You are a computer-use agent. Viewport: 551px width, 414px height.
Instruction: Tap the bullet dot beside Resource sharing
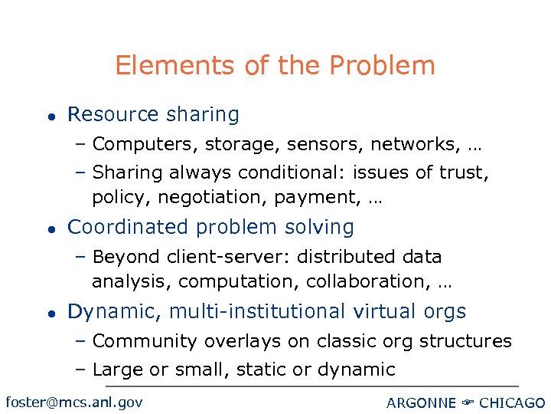tap(50, 117)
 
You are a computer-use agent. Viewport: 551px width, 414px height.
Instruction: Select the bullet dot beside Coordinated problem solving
tap(50, 229)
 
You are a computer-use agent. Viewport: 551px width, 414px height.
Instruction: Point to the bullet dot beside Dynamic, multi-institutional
tap(50, 314)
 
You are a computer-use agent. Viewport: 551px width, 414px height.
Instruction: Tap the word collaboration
tap(368, 281)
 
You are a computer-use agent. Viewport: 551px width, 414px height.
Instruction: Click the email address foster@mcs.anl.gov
tap(73, 402)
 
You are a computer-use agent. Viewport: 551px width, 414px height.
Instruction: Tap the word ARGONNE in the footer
tap(421, 403)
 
